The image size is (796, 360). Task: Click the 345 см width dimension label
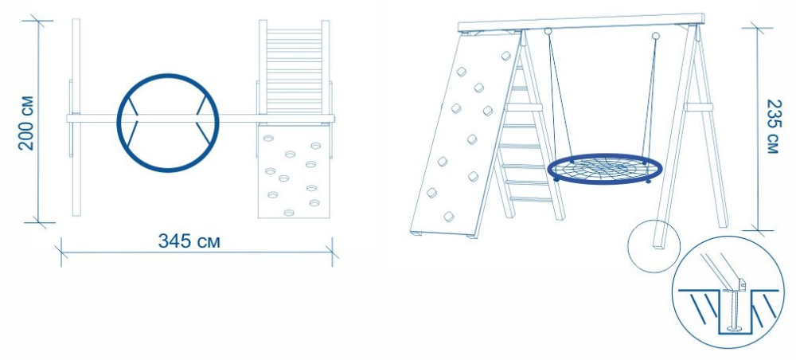[189, 241]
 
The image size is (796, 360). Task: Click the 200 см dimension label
[26, 123]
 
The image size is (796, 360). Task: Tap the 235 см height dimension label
[771, 127]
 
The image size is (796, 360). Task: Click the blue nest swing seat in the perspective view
[605, 169]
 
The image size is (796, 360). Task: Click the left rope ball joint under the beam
[548, 32]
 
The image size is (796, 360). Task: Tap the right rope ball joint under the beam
[655, 36]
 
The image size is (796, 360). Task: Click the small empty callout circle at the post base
[654, 246]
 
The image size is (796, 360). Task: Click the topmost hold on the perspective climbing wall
[505, 56]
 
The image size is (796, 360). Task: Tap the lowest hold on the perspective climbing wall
[449, 217]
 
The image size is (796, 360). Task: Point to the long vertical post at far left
[76, 117]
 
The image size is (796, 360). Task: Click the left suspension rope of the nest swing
[560, 97]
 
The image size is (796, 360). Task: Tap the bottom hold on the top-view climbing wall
[290, 213]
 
